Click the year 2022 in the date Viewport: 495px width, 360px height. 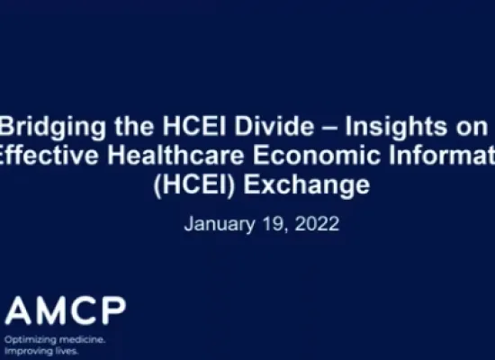coord(316,224)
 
